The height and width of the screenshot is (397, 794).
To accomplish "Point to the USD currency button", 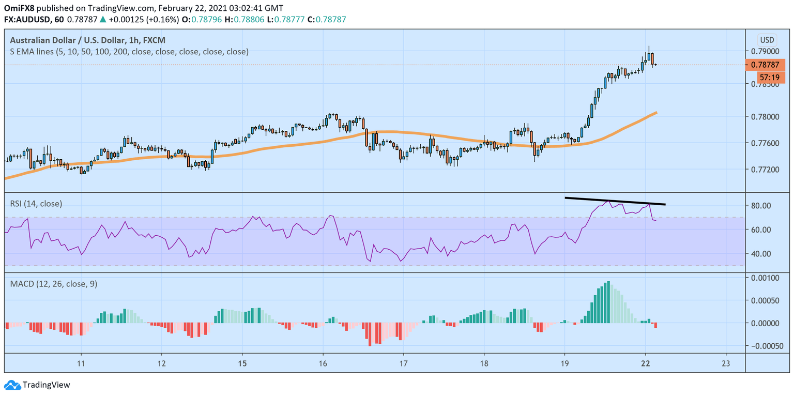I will [767, 40].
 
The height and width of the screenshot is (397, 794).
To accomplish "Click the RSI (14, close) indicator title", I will [36, 204].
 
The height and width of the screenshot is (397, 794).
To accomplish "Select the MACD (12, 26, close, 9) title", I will [53, 284].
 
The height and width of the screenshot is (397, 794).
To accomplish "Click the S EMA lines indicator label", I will [128, 52].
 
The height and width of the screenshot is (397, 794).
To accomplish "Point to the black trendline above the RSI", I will [615, 201].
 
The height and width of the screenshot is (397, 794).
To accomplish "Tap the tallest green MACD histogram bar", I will [609, 302].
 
